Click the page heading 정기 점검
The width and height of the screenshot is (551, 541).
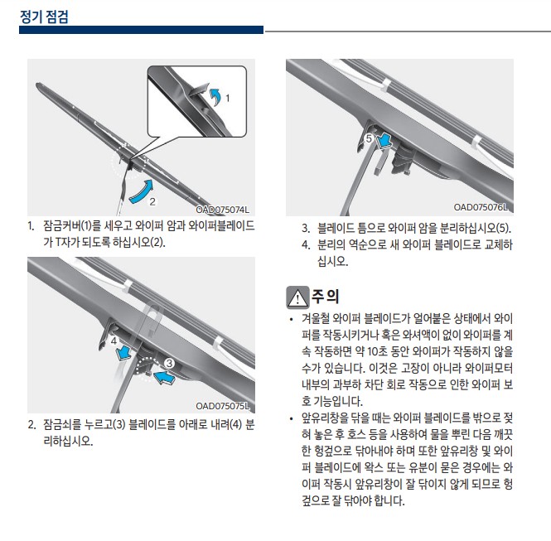44,17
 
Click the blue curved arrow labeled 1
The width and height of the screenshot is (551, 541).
215,96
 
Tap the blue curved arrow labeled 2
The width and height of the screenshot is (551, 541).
142,192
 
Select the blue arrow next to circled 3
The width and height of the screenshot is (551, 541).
164,377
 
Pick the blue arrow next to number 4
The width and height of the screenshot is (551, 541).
123,353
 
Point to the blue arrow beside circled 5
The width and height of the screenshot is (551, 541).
384,141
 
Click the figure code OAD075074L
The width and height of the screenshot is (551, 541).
222,210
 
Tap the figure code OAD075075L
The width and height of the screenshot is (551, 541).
222,406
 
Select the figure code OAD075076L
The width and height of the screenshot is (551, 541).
481,207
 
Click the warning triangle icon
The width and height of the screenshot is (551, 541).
297,297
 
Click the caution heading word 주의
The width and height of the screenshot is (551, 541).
326,296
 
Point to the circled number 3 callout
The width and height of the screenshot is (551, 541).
169,363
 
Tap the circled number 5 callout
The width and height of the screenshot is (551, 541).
369,138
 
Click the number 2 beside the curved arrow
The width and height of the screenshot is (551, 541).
152,201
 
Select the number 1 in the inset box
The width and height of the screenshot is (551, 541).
228,98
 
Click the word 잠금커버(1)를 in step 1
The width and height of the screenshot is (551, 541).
67,225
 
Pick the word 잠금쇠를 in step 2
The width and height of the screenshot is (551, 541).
62,424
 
